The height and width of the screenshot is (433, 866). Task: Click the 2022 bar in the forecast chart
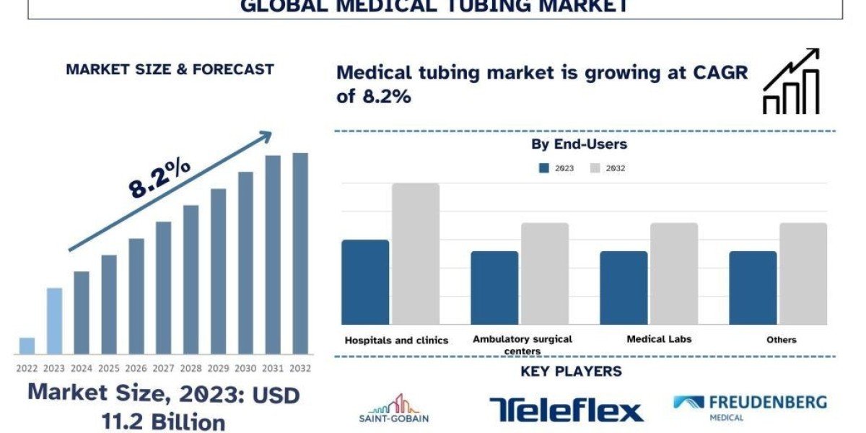(27, 346)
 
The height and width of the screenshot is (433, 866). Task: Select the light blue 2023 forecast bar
(54, 321)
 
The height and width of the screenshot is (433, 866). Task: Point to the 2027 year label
(164, 368)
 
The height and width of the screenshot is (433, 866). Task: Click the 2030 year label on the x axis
(245, 368)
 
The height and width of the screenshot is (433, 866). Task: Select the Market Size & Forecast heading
(170, 69)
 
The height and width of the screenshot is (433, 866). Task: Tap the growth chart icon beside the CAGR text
(791, 81)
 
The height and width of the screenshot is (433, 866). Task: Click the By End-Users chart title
(579, 144)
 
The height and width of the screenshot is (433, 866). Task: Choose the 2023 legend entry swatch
(544, 168)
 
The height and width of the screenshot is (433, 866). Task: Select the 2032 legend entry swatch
(595, 168)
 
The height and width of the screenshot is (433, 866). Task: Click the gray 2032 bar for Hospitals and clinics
(416, 253)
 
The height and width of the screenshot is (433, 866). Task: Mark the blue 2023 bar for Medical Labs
(624, 287)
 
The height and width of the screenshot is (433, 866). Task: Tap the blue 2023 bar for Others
(753, 287)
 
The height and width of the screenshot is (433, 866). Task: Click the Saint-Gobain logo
(393, 408)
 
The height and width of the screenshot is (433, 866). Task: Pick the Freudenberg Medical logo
(750, 406)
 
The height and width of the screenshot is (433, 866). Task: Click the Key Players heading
(571, 372)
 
